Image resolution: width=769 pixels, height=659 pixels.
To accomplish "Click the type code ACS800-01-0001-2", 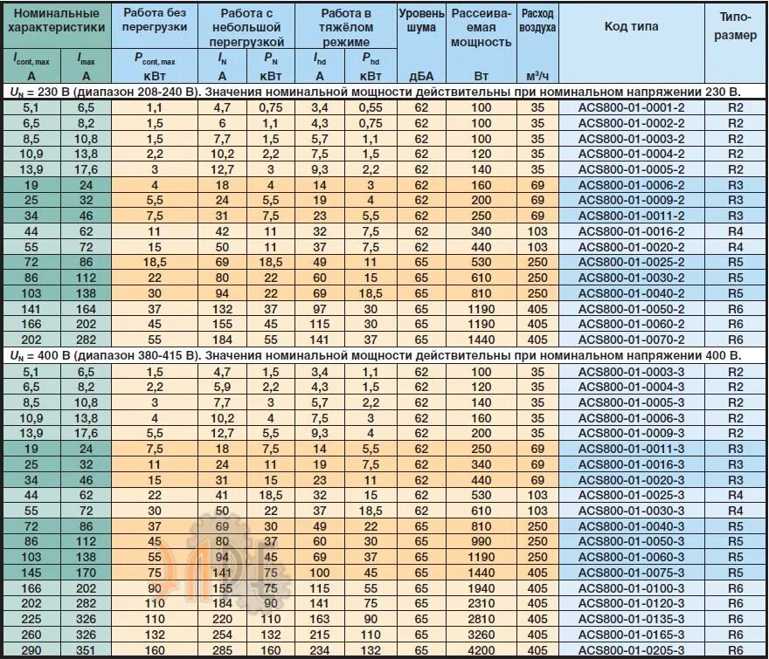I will point(632,107).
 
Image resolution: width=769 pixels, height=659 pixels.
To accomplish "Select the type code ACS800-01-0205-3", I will point(632,649).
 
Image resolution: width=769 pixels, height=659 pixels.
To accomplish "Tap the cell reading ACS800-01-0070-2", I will point(632,340).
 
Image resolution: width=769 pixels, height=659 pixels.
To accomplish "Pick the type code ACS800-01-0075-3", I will point(632,572).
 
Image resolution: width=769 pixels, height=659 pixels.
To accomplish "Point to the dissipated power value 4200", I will point(481,649).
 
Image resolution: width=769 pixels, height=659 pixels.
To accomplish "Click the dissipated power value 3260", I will point(481,634).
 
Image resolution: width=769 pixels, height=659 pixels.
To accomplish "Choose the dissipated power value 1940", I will point(481,587).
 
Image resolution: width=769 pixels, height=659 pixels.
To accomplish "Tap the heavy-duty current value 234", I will point(320,649).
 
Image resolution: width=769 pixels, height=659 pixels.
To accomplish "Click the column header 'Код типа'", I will point(632,26).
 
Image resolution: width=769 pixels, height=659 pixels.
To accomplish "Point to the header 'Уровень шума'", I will point(421,21).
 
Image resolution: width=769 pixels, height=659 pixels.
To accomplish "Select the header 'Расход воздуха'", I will point(537,21).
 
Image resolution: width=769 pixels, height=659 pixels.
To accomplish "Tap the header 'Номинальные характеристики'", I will point(57,21).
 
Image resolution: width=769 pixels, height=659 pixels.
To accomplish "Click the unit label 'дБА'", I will point(421,75).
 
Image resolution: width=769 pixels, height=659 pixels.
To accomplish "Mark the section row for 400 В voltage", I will point(376,355).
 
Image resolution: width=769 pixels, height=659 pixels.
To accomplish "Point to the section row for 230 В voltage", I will point(376,91).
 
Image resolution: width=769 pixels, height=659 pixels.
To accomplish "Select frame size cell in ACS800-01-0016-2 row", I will point(735,231).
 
